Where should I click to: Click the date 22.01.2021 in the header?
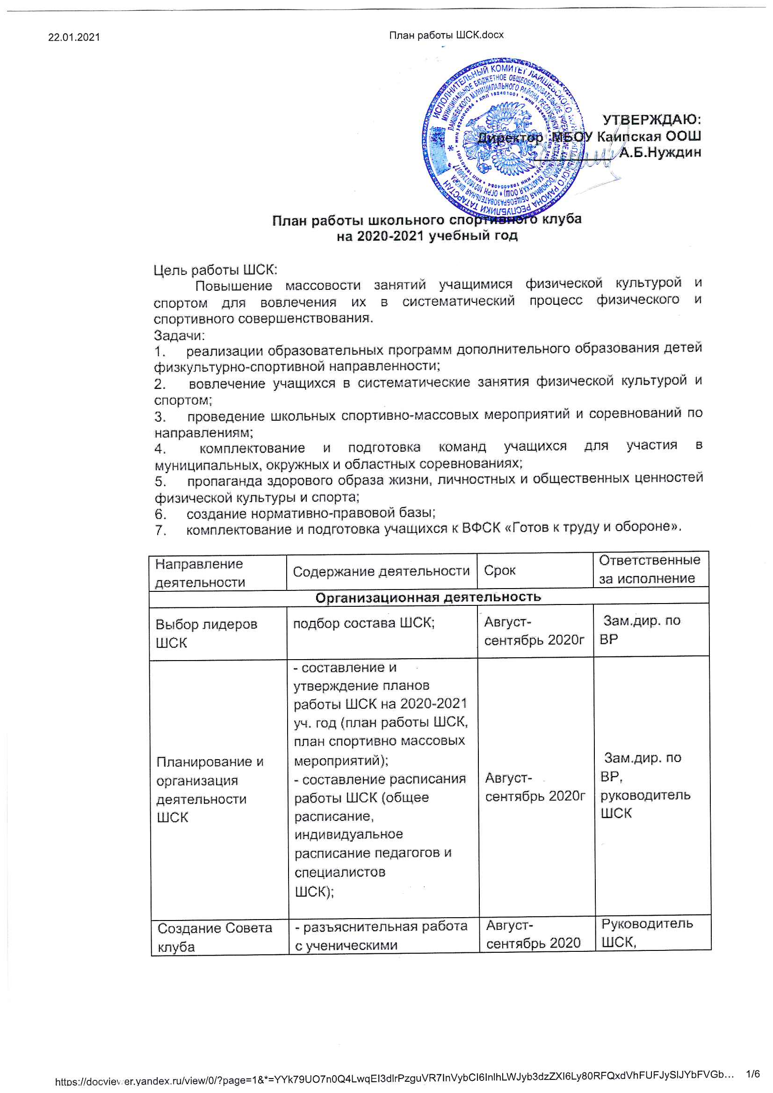point(74,37)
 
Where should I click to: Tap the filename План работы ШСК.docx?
point(446,35)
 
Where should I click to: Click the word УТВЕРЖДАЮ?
point(651,119)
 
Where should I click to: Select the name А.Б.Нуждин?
point(660,152)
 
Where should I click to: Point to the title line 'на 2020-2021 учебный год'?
point(427,236)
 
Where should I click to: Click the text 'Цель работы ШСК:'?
point(215,270)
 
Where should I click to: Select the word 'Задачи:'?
point(179,335)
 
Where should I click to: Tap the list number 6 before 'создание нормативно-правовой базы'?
point(160,514)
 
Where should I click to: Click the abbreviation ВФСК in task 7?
point(481,528)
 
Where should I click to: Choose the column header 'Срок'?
point(499,570)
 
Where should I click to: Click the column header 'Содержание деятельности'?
point(381,571)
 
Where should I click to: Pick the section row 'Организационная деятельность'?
point(428,597)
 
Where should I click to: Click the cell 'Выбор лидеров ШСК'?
point(206,633)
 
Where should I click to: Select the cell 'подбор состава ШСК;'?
point(364,623)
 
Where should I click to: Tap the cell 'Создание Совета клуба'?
point(214,937)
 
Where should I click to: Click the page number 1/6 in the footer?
point(753,1074)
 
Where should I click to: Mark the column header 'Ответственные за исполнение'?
point(649,569)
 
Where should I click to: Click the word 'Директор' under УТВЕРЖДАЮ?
point(510,138)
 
